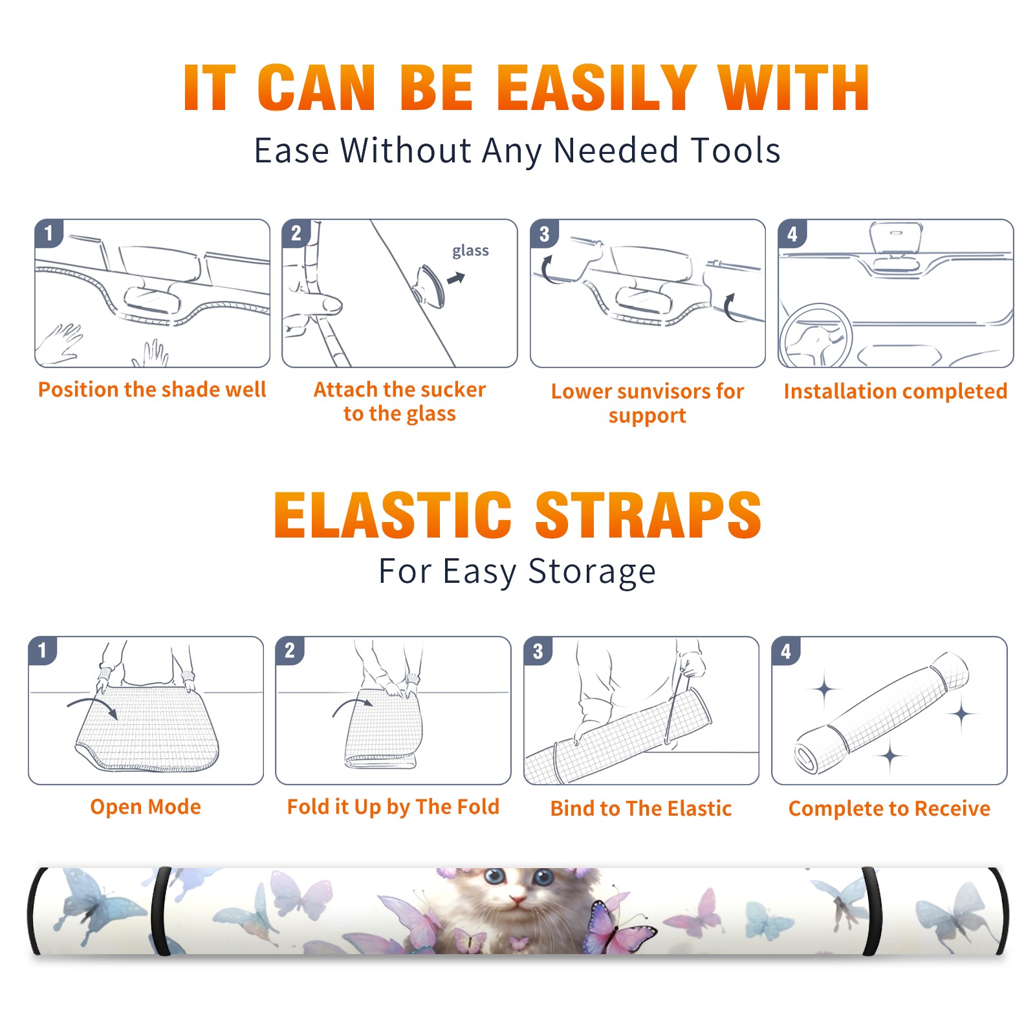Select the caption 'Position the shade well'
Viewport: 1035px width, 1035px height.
(152, 389)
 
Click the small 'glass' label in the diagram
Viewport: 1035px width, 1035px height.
(470, 251)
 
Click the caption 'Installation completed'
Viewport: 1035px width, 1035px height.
(895, 391)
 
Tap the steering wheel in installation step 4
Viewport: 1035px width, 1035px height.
(816, 336)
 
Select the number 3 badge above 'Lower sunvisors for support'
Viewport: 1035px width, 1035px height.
(544, 234)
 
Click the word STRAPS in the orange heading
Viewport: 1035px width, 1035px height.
(648, 515)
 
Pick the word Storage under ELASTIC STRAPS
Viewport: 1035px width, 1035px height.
(592, 572)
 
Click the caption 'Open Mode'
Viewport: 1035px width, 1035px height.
(146, 807)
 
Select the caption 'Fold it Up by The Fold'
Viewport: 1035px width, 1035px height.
(393, 807)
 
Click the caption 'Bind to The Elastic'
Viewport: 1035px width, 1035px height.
(641, 809)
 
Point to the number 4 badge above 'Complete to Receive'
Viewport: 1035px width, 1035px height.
(786, 651)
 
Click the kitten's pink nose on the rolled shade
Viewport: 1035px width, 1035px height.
(517, 899)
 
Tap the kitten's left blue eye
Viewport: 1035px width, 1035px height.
(496, 878)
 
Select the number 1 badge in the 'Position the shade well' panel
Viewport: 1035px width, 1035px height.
(49, 233)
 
